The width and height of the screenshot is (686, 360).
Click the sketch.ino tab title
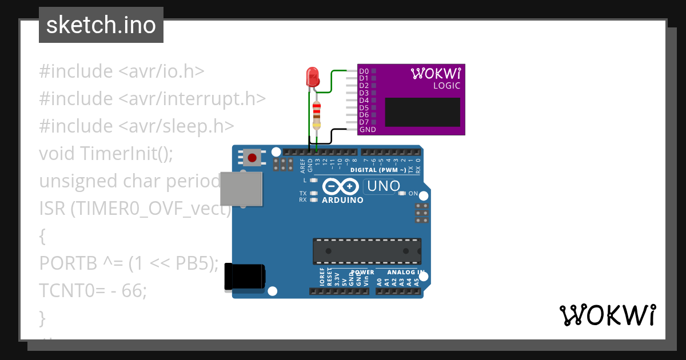pos(101,25)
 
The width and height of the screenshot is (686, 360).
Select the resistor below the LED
pos(317,114)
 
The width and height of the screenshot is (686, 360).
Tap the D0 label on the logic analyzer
pos(364,71)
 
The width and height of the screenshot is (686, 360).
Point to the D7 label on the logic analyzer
pos(364,122)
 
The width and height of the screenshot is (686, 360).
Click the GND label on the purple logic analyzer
pos(367,130)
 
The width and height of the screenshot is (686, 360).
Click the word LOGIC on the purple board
pos(446,86)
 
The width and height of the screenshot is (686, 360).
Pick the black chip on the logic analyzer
pos(422,112)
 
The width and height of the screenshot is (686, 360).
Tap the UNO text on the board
pos(383,186)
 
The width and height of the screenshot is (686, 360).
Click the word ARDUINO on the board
pos(342,201)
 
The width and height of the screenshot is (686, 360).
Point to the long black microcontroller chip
pos(366,251)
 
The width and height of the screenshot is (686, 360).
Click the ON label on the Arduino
pos(413,194)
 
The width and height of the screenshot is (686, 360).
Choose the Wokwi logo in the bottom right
pos(607,315)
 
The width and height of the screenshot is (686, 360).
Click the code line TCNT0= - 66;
pos(93,290)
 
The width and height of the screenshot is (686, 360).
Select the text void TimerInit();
pos(106,153)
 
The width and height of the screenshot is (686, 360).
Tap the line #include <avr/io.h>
pos(122,71)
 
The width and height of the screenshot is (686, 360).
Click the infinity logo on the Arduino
pos(341,186)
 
